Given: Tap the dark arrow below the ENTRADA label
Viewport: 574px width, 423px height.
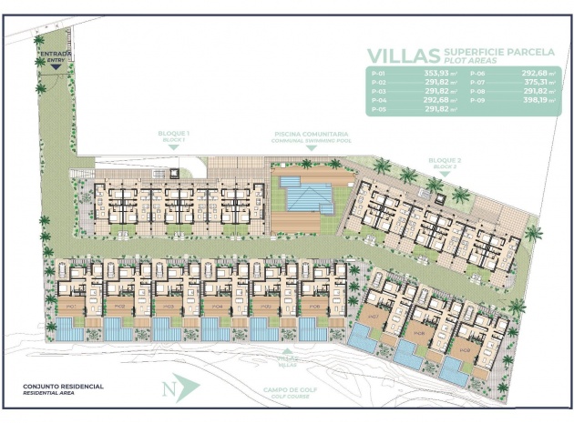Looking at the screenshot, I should pos(56,66).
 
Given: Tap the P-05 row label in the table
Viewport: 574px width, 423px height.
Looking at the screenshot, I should pos(380,110).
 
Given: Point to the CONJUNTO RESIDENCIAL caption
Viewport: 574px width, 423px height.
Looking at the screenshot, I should pos(64,387).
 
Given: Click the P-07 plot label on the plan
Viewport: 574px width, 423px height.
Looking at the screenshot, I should pos(373,318).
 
